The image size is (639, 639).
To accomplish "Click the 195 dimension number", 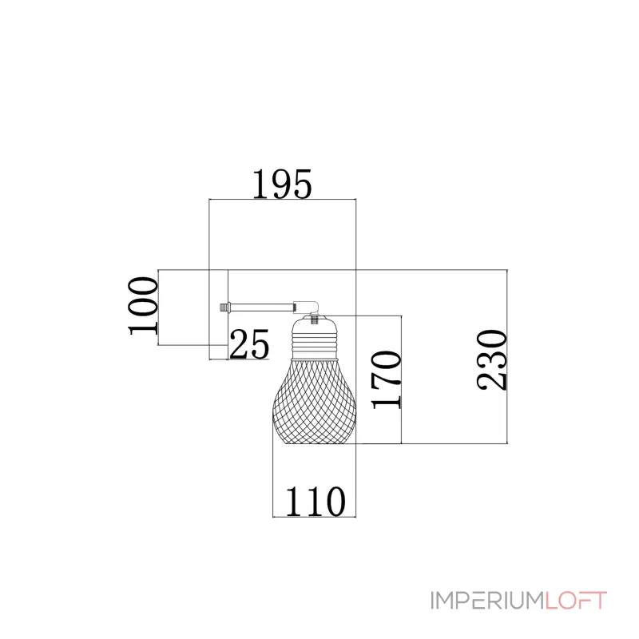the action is tap(283, 185).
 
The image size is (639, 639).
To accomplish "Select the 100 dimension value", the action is tap(143, 306).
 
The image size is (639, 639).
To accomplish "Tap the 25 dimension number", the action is tap(249, 344).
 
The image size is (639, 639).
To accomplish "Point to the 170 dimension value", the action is tap(386, 379).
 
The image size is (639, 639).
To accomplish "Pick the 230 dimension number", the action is tap(491, 360).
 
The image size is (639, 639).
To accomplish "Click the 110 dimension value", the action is tap(316, 502).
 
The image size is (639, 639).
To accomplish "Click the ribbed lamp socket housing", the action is tap(314, 339).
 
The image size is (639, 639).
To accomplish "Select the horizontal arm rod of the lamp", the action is tap(262, 307).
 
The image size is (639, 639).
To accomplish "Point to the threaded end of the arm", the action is tap(224, 307).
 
